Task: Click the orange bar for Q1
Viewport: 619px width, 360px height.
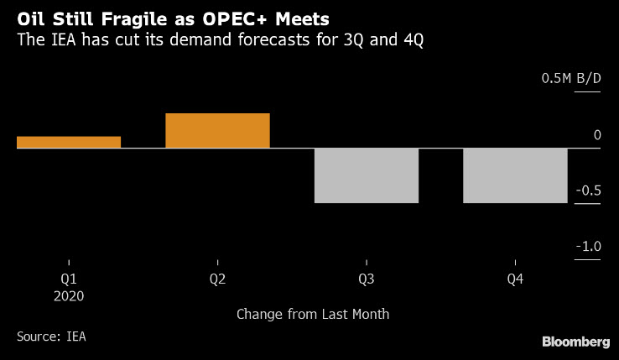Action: pyautogui.click(x=69, y=142)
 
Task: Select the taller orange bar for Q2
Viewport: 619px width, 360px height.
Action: pyautogui.click(x=217, y=131)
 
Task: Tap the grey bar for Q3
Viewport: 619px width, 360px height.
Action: pyautogui.click(x=366, y=175)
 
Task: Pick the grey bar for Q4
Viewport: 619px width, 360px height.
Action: pyautogui.click(x=515, y=175)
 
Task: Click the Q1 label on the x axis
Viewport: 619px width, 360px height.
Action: pyautogui.click(x=69, y=278)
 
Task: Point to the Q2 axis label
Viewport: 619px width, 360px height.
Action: pyautogui.click(x=217, y=278)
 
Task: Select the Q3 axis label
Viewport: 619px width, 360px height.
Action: pyautogui.click(x=367, y=278)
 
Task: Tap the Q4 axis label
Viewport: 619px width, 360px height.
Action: pyautogui.click(x=515, y=278)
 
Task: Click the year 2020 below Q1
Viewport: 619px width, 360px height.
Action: pyautogui.click(x=69, y=295)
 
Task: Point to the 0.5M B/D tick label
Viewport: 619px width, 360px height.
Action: pyautogui.click(x=571, y=79)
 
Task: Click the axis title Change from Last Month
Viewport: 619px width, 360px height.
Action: pyautogui.click(x=313, y=315)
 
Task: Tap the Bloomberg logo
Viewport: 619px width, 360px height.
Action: pyautogui.click(x=575, y=342)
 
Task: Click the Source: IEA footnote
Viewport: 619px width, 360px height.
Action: pyautogui.click(x=51, y=337)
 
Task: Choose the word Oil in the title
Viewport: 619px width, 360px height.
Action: pyautogui.click(x=30, y=17)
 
